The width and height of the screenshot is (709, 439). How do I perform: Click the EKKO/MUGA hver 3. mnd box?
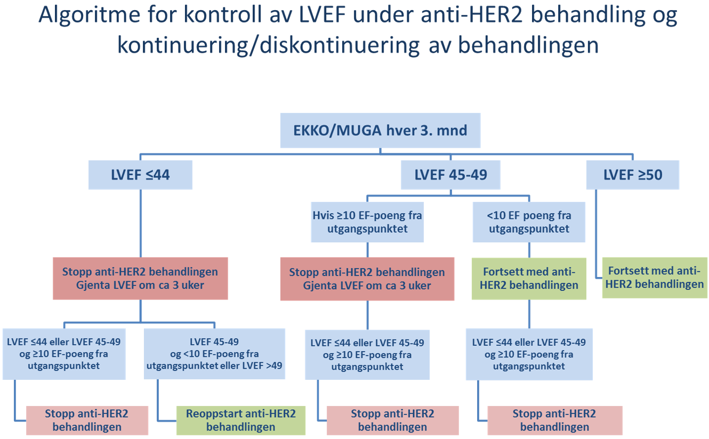380,131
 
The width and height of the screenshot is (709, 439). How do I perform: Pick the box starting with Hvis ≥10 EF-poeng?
367,222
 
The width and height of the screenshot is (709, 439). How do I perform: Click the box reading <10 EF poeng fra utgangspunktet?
529,222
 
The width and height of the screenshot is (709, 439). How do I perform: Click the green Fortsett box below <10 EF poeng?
529,278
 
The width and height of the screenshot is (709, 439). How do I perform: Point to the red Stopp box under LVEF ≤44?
141,278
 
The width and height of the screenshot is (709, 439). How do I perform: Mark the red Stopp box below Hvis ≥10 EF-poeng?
367,279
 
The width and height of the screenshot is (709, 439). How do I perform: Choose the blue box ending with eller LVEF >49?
214,353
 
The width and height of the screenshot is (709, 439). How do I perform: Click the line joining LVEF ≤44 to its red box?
141,224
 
